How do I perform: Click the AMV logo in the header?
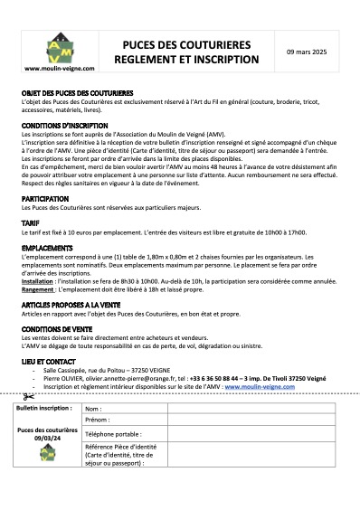pos(56,48)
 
